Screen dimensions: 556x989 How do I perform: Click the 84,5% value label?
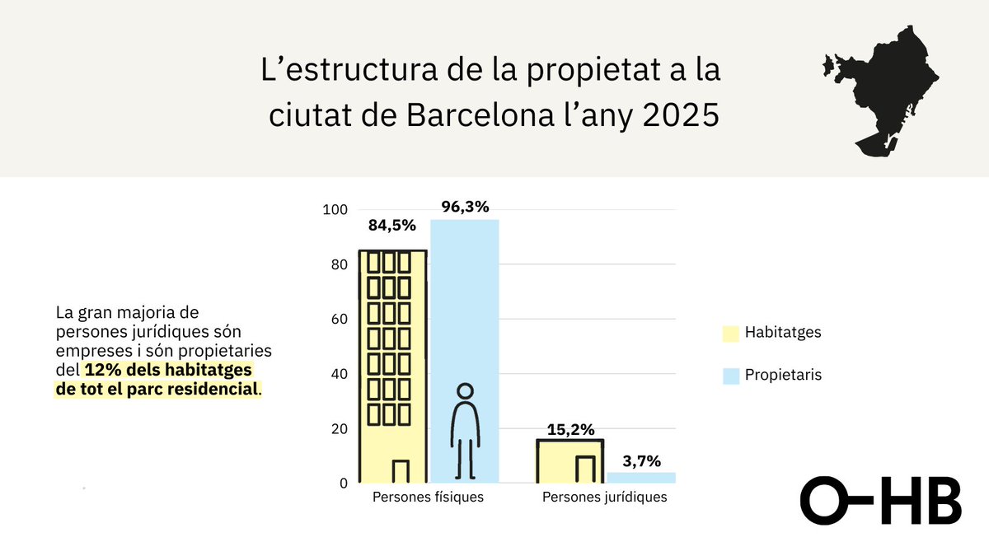(392, 225)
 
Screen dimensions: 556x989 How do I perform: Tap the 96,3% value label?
(465, 206)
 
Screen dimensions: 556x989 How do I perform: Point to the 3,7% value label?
(641, 461)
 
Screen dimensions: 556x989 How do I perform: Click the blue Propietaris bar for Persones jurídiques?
(641, 478)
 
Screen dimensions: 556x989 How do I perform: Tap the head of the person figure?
(466, 391)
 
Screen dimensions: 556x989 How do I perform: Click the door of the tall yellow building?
(401, 471)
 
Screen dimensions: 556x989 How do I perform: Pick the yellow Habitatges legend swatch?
(730, 334)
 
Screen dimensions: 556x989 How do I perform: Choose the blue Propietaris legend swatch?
(730, 376)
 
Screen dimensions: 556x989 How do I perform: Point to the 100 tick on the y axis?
(334, 210)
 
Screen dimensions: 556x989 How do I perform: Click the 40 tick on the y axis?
(337, 374)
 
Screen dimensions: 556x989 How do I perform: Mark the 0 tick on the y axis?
(341, 484)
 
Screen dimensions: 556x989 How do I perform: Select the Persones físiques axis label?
(428, 498)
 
